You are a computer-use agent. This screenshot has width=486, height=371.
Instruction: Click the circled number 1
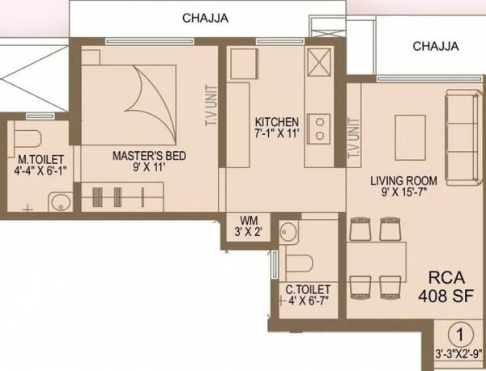click(x=459, y=332)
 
